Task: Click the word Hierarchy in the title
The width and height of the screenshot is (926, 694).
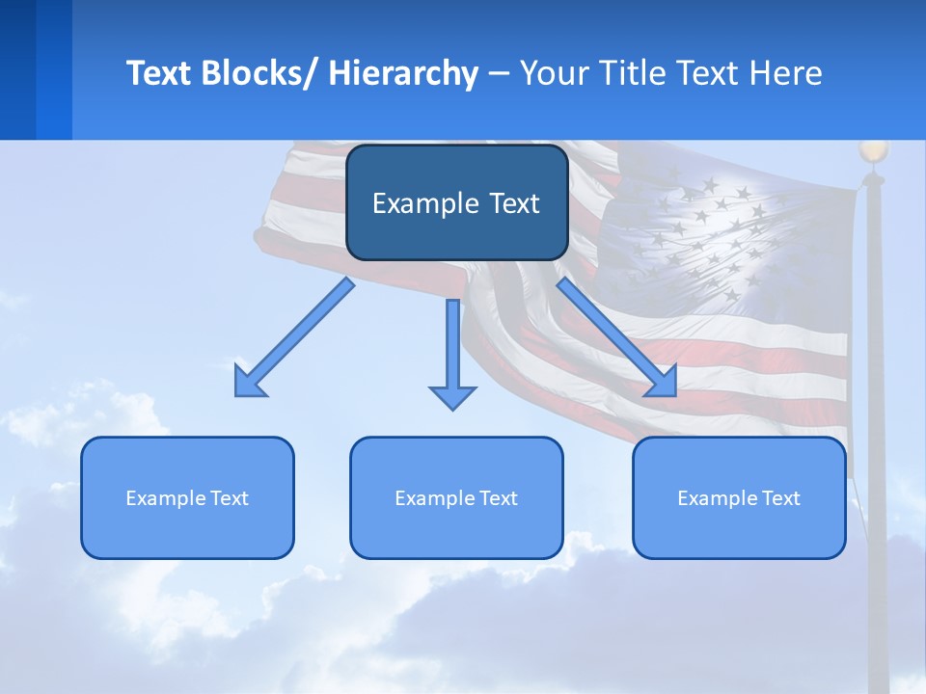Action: tap(402, 73)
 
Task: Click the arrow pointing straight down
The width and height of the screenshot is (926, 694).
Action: tap(452, 347)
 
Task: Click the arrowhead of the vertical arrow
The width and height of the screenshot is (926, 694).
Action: tap(452, 395)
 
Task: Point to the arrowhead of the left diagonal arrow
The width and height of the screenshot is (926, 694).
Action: tap(248, 382)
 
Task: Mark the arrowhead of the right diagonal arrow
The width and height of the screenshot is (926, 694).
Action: tap(663, 382)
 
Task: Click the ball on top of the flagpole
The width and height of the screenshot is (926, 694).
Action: tap(873, 151)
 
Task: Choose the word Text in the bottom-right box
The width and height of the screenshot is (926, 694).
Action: tap(779, 498)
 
